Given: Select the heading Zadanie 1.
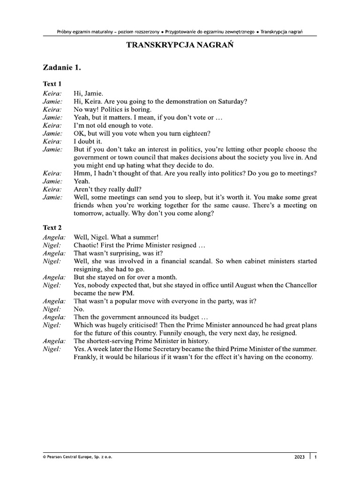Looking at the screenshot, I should (62, 68).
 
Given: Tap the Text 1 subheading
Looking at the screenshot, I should (52, 84).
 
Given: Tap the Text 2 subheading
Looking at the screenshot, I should (52, 227).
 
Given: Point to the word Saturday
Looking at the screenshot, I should (231, 101).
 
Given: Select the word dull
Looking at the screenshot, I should (126, 189).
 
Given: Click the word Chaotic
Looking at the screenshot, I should (87, 245).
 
